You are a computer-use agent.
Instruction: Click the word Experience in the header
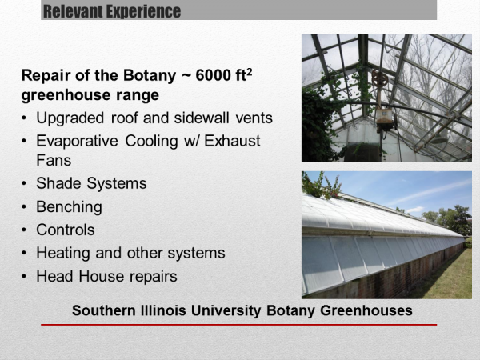point(143,11)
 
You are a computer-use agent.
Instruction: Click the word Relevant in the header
point(73,11)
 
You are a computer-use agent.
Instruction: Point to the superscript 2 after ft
point(249,72)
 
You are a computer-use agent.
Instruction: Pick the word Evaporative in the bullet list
point(77,141)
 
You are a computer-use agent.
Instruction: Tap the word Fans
point(54,161)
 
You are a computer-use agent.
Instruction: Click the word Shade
point(59,183)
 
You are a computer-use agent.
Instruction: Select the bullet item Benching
point(69,207)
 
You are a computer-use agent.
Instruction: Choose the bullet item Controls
point(66,230)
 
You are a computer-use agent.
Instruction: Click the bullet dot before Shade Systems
point(24,184)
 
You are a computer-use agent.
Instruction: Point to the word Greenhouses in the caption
point(366,310)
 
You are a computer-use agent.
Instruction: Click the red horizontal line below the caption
point(238,325)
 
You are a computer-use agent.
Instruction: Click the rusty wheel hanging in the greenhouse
point(380,78)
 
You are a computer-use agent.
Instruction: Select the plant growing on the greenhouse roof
point(322,186)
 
